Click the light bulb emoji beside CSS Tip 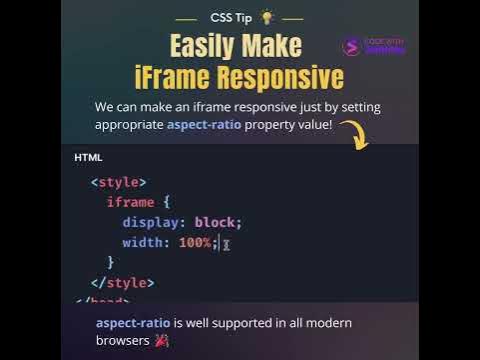[x=266, y=17]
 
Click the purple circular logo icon [x=351, y=46]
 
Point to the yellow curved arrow [x=357, y=135]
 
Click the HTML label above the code [x=88, y=158]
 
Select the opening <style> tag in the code [x=118, y=182]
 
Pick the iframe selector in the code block [x=130, y=202]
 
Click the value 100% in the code [x=195, y=242]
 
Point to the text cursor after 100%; [x=227, y=243]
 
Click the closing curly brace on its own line [x=111, y=262]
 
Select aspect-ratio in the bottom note [x=133, y=323]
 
